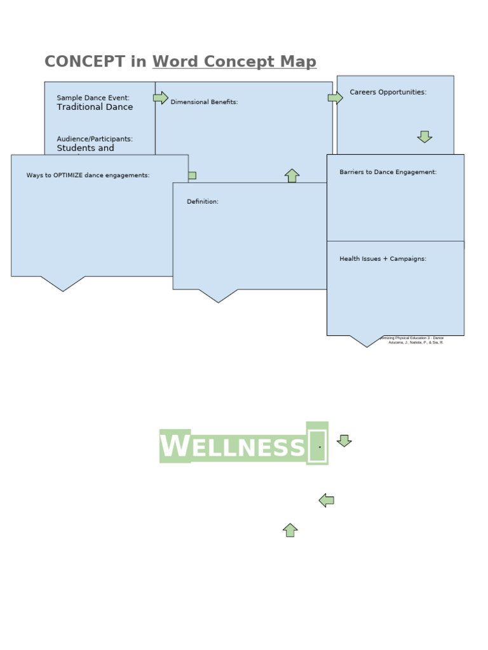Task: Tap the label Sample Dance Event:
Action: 93,98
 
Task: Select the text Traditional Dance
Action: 95,107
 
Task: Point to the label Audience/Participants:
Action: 95,139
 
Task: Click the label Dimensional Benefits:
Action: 204,102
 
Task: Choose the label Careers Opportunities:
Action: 388,92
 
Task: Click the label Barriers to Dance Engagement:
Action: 388,172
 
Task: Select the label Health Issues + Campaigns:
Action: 383,259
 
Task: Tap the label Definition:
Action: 202,202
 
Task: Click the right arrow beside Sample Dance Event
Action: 161,98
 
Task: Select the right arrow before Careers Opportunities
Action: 335,98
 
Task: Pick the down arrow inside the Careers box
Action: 424,136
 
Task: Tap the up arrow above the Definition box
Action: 292,176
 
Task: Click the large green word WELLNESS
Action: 233,447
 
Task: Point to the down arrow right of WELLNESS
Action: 344,441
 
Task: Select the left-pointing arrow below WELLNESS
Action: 326,500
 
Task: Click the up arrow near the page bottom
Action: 290,530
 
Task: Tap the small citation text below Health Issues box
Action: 414,340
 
